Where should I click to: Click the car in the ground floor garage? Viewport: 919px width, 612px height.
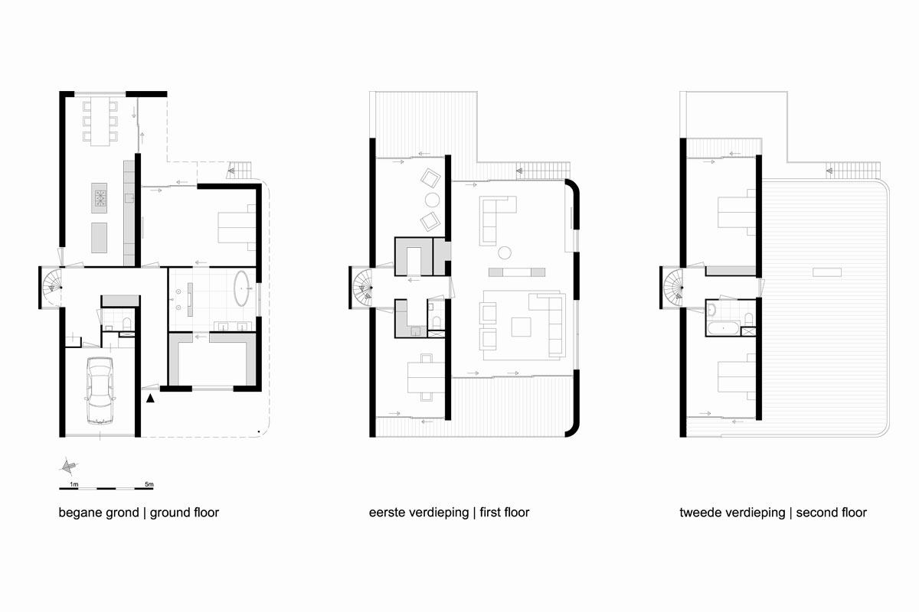[100, 390]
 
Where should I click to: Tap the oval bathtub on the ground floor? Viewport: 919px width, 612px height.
[242, 287]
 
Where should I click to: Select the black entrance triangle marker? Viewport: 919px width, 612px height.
[151, 397]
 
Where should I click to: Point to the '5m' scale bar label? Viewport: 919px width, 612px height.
[149, 484]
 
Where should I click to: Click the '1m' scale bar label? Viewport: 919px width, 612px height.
[74, 484]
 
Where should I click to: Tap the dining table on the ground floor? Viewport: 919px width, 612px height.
[100, 120]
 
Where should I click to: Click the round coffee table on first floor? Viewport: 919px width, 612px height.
[505, 252]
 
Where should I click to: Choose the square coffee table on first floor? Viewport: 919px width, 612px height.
[522, 327]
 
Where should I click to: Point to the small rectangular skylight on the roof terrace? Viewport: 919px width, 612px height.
[827, 271]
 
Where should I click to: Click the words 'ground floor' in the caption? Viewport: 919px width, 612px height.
[184, 513]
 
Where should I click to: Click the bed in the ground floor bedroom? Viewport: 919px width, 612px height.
[235, 227]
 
